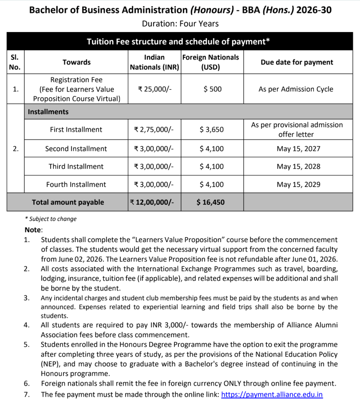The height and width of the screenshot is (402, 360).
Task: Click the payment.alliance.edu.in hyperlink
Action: coord(272,394)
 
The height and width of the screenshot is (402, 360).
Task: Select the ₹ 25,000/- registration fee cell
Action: coord(154,89)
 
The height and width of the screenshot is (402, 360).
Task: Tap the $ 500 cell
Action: coord(212,89)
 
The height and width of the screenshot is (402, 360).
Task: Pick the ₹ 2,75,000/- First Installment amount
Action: coord(154,130)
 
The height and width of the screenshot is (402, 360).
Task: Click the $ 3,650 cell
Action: coord(212,130)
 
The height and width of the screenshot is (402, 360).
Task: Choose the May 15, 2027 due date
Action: coord(298,149)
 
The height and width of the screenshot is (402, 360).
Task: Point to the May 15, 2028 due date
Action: coord(298,167)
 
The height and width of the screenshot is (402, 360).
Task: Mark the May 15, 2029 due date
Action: coord(298,184)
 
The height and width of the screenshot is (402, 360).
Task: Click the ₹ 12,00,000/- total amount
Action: coord(154,202)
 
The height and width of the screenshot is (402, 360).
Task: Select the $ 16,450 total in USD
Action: coord(210,202)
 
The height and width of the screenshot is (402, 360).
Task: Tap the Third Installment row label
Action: coord(76,167)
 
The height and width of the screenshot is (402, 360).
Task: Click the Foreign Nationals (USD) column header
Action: coord(210,62)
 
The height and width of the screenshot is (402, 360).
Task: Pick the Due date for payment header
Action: coord(297,62)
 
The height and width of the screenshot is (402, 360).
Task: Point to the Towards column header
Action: coord(76,62)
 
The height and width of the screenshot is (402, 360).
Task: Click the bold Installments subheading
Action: coord(48,112)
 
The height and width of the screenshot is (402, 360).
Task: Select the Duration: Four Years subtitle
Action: coord(180,24)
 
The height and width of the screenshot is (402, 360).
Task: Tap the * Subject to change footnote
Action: coord(51,219)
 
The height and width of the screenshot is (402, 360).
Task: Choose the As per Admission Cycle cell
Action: coord(296,89)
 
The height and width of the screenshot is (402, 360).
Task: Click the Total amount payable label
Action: coord(68,202)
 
